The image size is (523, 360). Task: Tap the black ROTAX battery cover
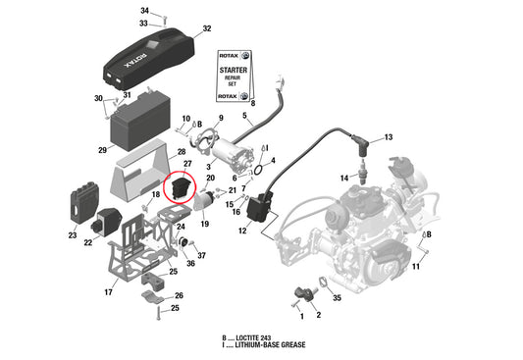[148, 60]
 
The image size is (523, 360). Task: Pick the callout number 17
[109, 291]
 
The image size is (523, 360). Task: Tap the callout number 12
[241, 232]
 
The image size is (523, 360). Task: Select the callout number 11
[415, 266]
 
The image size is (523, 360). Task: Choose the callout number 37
[202, 255]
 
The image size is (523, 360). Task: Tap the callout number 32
[206, 29]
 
